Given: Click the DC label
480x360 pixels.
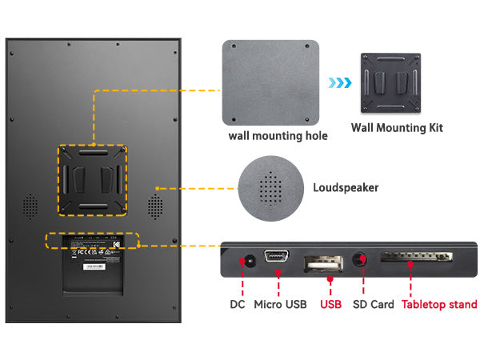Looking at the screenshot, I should tap(238, 304).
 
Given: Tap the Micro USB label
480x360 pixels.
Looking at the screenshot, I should tap(279, 304).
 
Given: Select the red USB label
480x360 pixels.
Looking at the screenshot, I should tap(330, 304).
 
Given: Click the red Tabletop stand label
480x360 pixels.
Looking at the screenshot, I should tap(439, 304).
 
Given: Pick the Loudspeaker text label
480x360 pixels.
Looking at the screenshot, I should tap(346, 188).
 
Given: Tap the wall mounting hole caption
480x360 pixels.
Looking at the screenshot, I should tap(278, 135).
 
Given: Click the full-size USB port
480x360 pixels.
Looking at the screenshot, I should tap(322, 263).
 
